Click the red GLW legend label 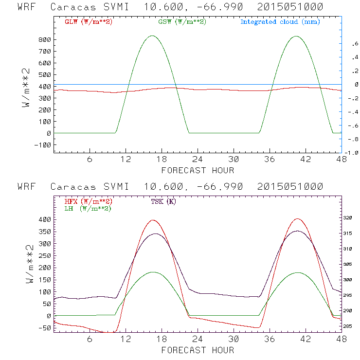click(x=88, y=22)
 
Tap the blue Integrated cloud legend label click(x=280, y=22)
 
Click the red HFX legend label click(x=88, y=201)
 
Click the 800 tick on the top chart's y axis click(x=45, y=40)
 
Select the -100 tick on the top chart click(x=43, y=145)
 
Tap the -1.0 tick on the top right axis click(x=353, y=152)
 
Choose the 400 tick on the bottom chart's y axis click(x=45, y=219)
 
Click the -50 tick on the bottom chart click(x=45, y=328)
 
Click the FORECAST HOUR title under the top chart click(x=198, y=170)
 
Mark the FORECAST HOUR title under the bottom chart click(x=198, y=350)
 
